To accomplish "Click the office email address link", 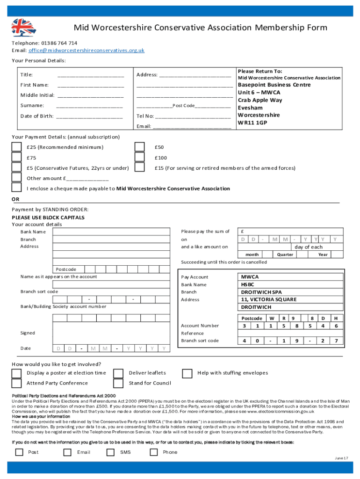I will tap(86, 51).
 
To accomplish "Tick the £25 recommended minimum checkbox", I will tap(17, 147).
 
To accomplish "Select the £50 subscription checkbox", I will tap(139, 147).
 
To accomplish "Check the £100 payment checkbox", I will tap(139, 158).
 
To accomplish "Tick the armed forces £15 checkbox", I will tap(139, 167).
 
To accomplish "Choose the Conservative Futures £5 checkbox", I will tap(17, 167).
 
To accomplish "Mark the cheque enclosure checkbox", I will tap(17, 188).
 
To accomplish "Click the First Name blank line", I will tap(91, 85).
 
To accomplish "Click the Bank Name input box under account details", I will tap(111, 232).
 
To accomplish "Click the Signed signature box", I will tap(111, 333).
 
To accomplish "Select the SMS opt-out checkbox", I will tap(110, 452).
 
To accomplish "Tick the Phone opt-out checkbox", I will tap(153, 452).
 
